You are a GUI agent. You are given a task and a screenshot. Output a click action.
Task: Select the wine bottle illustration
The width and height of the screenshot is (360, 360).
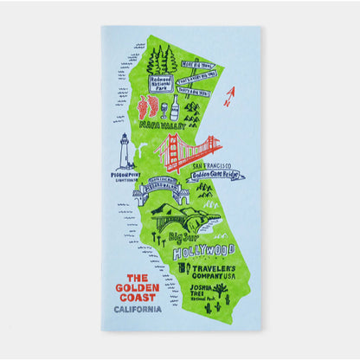pos(174,107)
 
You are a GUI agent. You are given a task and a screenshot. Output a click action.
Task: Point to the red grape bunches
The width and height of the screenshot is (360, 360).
pos(148,107)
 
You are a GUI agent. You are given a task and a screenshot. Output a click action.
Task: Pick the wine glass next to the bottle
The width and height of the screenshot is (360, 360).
pos(162,109)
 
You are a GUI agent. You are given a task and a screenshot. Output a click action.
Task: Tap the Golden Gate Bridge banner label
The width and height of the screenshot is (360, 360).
pos(216,175)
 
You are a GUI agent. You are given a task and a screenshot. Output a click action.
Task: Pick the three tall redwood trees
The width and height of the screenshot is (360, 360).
pos(161,60)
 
